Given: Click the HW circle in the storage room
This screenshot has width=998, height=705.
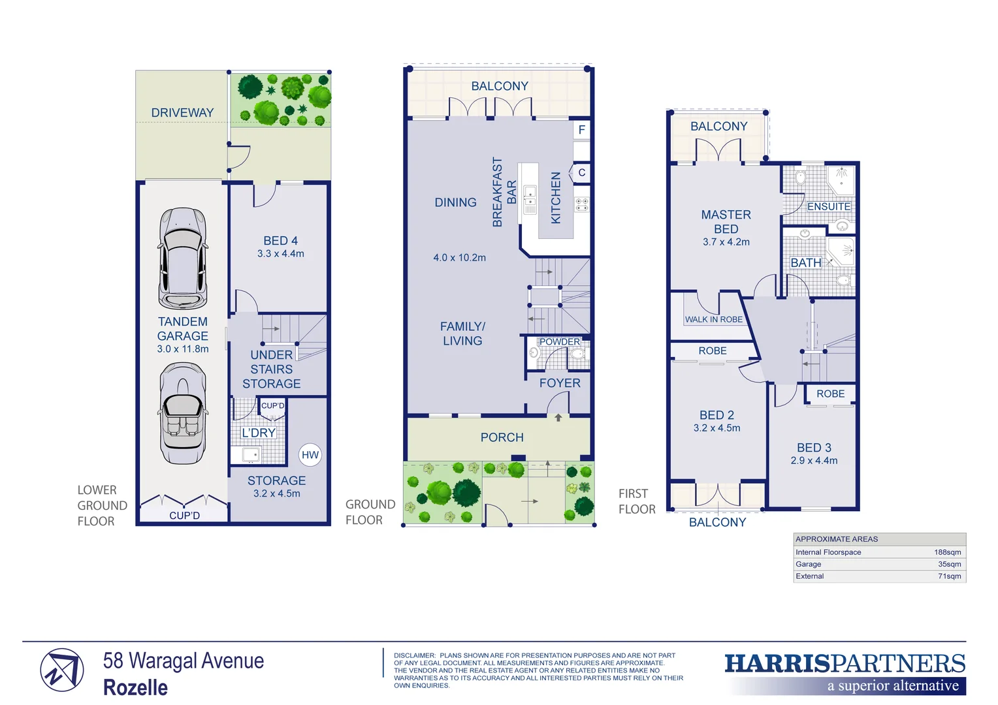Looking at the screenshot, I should coord(310,455).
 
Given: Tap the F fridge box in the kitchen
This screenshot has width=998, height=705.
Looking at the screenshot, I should coord(581,130).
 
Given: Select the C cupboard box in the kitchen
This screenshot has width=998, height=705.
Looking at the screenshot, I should coord(581,172).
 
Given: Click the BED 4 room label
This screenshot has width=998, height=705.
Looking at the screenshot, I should coord(280,241).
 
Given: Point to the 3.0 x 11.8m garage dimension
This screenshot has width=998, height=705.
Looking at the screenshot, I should coord(183,349).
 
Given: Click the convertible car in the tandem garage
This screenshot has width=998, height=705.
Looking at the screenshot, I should coord(183,413).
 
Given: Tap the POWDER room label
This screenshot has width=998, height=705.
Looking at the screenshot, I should coord(559,341).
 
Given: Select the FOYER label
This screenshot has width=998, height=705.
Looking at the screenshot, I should coord(560,383).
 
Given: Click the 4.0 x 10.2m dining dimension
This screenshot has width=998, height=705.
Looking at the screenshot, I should coord(459,258).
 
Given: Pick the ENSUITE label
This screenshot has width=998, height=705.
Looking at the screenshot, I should coord(829,206).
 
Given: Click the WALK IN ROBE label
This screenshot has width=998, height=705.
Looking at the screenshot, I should coord(713,319).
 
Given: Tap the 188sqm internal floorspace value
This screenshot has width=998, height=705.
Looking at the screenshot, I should coord(947,552).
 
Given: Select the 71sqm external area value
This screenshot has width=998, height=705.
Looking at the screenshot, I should coord(949,576).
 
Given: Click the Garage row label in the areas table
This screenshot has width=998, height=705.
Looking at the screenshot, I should coord(809,564).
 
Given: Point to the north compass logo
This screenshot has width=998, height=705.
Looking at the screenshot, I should coord(62,670).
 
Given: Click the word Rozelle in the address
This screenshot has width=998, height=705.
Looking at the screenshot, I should coord(136,687).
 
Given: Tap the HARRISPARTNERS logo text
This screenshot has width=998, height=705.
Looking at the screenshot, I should coord(845,664).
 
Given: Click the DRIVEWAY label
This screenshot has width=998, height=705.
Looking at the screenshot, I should coord(182,113).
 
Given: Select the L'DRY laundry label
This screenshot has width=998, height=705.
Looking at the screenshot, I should coord(259,433).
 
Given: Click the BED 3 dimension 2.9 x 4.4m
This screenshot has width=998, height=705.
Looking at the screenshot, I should coord(814,461).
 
